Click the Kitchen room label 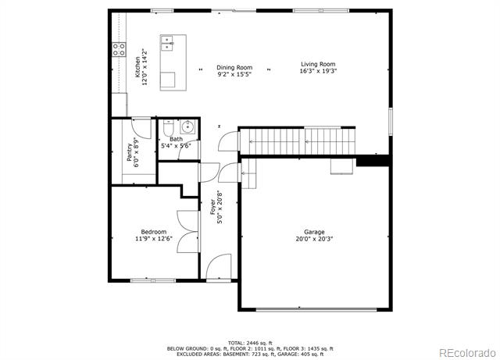[x=137, y=67]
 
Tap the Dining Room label [x=234, y=68]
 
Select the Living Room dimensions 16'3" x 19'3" [x=318, y=71]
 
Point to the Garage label [x=314, y=232]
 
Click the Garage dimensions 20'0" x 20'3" [x=314, y=239]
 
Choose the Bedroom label [x=154, y=232]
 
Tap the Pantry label [x=130, y=152]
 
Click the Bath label [x=176, y=139]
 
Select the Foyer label [x=212, y=207]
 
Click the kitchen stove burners [x=119, y=49]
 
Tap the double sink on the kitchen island [x=167, y=43]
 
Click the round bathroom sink [x=187, y=127]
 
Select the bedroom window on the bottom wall [x=153, y=280]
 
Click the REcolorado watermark [x=467, y=353]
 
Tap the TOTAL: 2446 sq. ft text [x=250, y=343]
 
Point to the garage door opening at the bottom [x=316, y=309]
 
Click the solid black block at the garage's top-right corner [x=373, y=161]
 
